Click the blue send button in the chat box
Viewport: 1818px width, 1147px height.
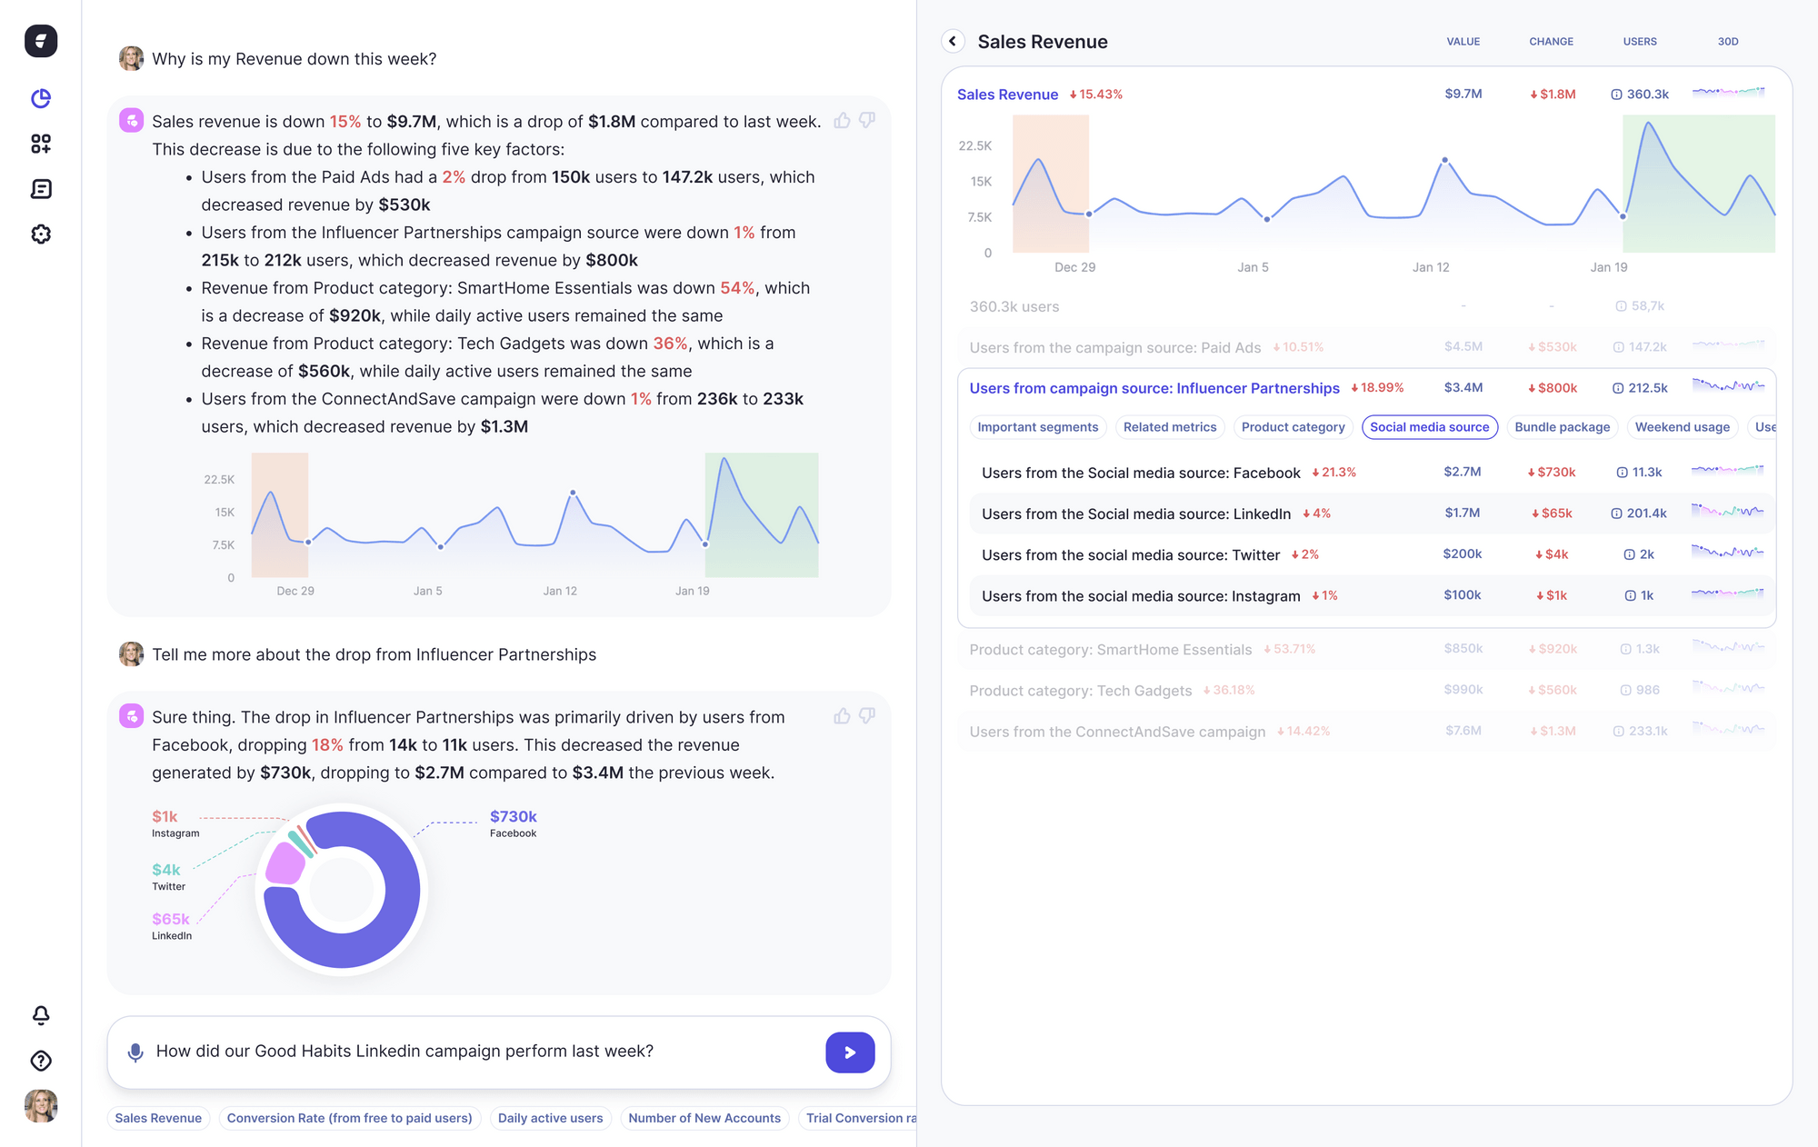pyautogui.click(x=850, y=1052)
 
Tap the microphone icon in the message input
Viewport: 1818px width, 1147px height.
pyautogui.click(x=135, y=1052)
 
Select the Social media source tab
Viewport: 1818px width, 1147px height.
pyautogui.click(x=1429, y=427)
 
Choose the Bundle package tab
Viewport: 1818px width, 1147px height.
pyautogui.click(x=1562, y=427)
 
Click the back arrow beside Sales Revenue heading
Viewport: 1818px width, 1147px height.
pyautogui.click(x=953, y=41)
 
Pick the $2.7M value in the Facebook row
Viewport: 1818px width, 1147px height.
pyautogui.click(x=1462, y=472)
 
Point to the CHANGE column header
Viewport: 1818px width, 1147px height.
pyautogui.click(x=1551, y=42)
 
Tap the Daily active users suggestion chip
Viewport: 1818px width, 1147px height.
pyautogui.click(x=550, y=1118)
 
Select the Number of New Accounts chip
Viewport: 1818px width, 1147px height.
pyautogui.click(x=704, y=1118)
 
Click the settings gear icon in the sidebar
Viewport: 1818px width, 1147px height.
pyautogui.click(x=41, y=234)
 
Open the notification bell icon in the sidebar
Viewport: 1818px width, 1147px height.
pyautogui.click(x=41, y=1015)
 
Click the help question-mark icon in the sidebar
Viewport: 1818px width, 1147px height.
pyautogui.click(x=41, y=1061)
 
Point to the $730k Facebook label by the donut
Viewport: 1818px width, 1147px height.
pyautogui.click(x=514, y=817)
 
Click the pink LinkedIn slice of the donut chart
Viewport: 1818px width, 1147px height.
pyautogui.click(x=285, y=864)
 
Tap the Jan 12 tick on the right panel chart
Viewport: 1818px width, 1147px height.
pyautogui.click(x=1431, y=267)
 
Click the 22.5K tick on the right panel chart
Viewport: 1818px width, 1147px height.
pyautogui.click(x=974, y=146)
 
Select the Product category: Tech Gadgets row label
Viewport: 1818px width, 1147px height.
pyautogui.click(x=1080, y=691)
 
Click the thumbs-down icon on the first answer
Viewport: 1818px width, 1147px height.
pyautogui.click(x=867, y=120)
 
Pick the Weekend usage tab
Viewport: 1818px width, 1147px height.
pyautogui.click(x=1682, y=427)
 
